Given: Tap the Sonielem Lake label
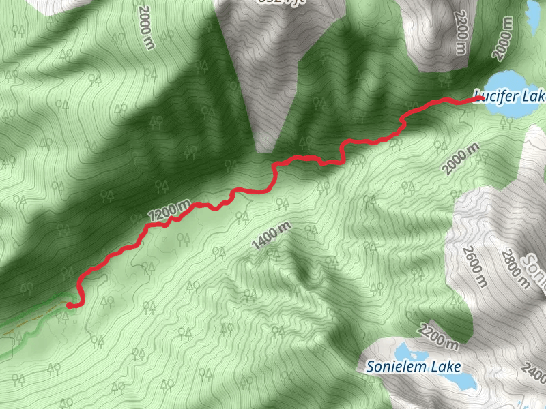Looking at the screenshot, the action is click(x=414, y=366).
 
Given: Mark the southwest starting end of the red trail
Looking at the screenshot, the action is click(x=70, y=306).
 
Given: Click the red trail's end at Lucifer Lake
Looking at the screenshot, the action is click(x=480, y=98).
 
